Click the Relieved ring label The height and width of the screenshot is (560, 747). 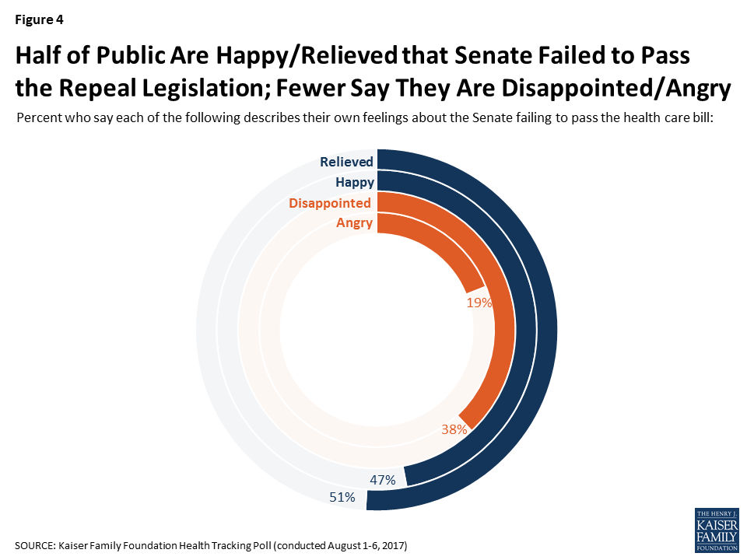tap(346, 162)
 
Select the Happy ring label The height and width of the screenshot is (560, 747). tap(355, 183)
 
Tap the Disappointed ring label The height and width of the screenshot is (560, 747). tap(330, 204)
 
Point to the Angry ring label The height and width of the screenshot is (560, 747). tap(354, 224)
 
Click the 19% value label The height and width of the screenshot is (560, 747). tap(479, 303)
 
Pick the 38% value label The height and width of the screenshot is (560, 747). tap(454, 429)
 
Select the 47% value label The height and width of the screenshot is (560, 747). tap(382, 480)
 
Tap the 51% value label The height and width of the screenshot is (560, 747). tap(342, 496)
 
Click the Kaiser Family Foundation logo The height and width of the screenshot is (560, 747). tap(716, 530)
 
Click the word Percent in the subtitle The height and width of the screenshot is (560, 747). tap(37, 119)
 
